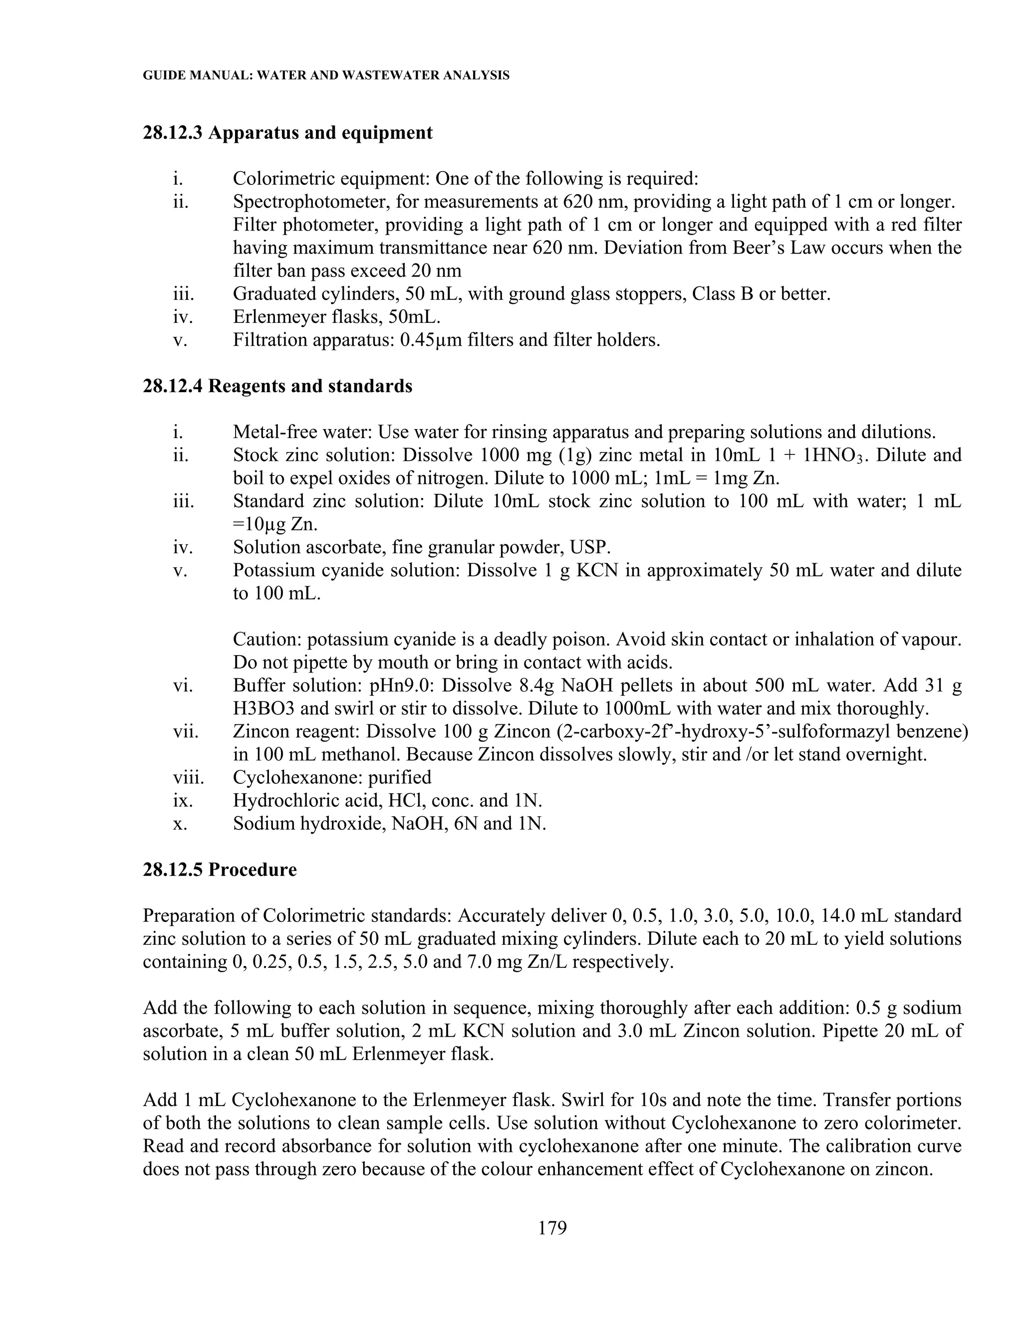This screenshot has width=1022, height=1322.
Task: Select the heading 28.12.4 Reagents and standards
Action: coord(277,386)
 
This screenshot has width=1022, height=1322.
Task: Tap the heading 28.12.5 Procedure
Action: coord(220,870)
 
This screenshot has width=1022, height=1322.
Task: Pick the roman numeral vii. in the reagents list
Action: coord(185,732)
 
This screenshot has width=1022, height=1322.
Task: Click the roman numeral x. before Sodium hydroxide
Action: coord(180,824)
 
